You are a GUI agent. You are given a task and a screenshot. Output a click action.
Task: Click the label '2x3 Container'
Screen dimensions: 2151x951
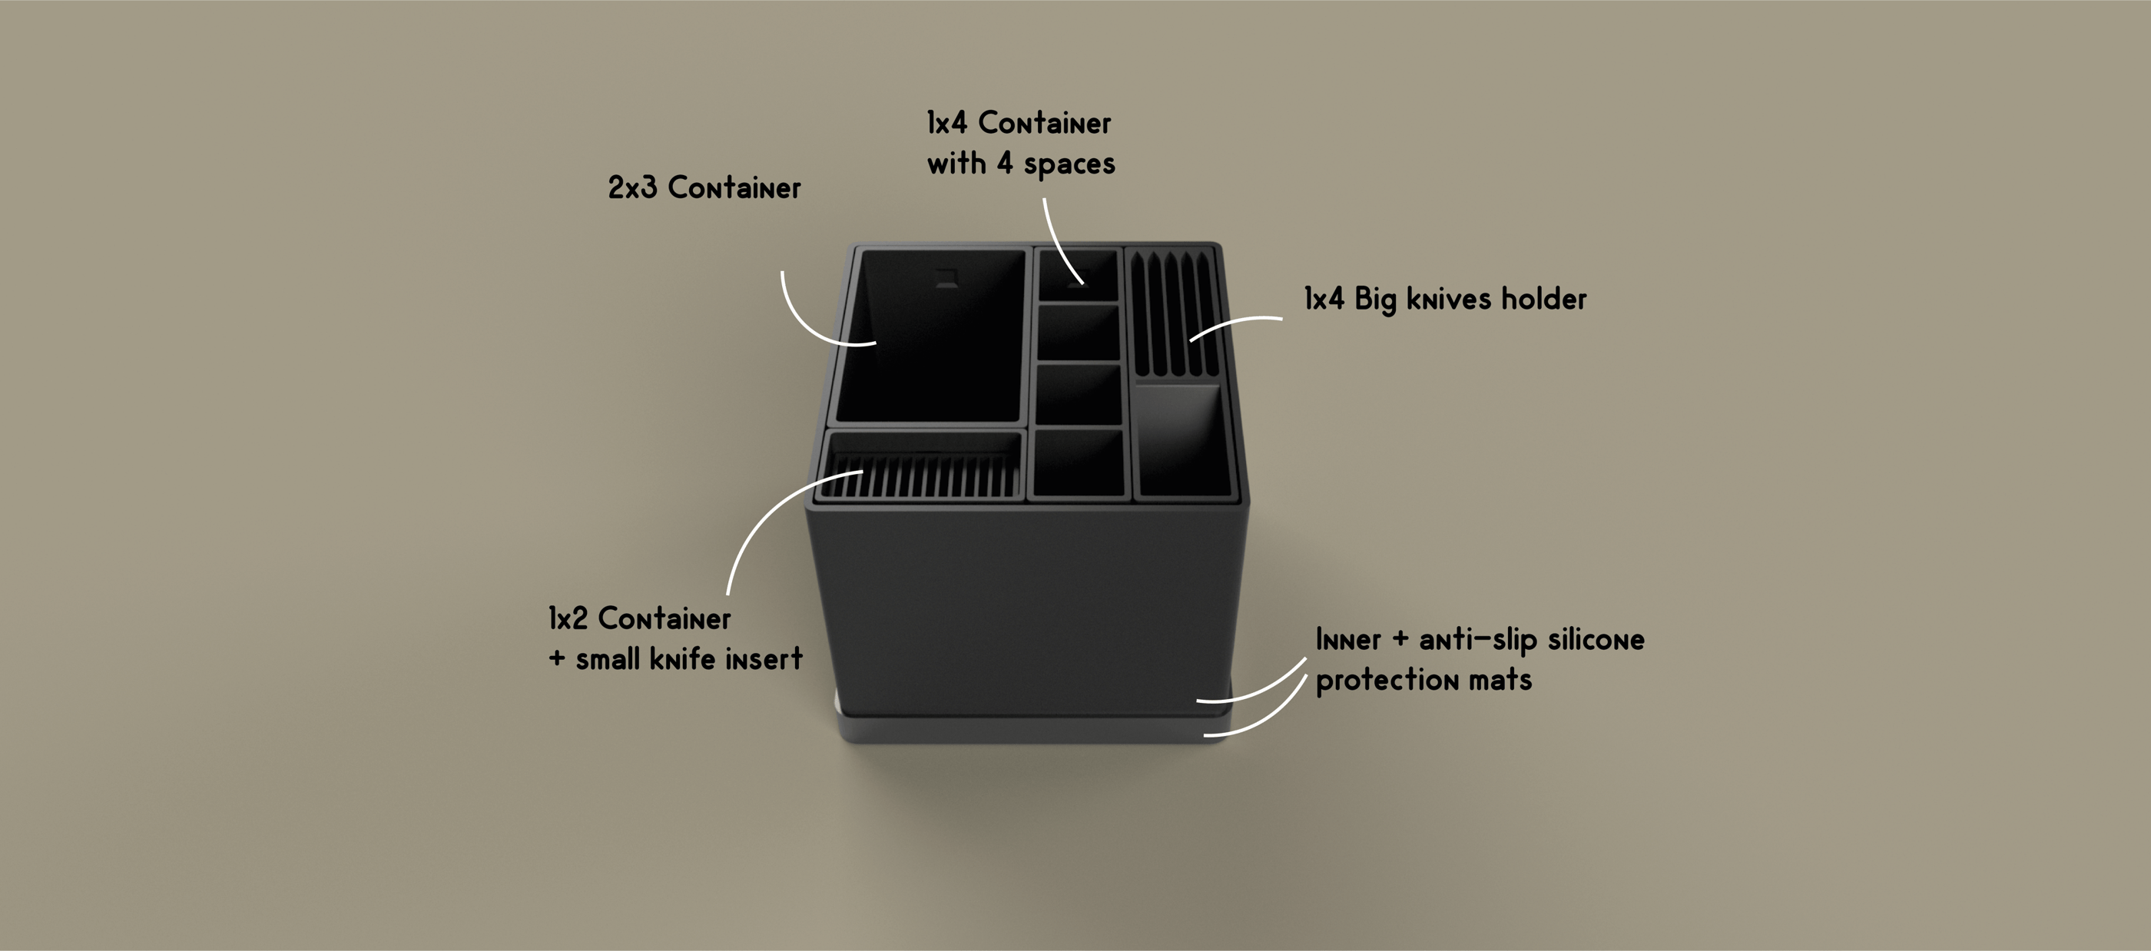click(704, 188)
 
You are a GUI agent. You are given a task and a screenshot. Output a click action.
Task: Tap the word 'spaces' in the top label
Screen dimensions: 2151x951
click(1069, 164)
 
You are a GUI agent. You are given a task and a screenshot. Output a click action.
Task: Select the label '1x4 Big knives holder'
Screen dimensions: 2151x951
click(1444, 299)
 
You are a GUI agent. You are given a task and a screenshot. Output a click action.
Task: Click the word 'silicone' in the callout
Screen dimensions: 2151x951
click(1596, 640)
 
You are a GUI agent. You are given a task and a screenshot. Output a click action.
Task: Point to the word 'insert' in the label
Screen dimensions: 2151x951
click(763, 659)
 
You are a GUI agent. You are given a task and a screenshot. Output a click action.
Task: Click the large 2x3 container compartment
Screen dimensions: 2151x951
click(931, 343)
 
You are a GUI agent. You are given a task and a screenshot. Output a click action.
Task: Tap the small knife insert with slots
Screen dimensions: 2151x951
click(923, 476)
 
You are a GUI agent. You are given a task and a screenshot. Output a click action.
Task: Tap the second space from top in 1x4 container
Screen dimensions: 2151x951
click(1078, 333)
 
